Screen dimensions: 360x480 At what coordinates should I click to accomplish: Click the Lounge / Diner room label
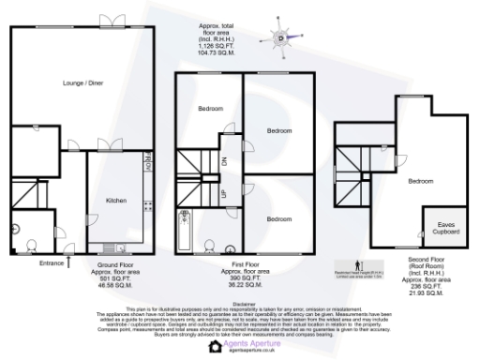[84, 83]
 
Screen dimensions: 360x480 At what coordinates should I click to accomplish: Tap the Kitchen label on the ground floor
[116, 200]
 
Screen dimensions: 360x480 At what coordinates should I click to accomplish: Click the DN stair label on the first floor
[223, 161]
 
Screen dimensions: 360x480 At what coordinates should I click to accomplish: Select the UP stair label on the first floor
[223, 193]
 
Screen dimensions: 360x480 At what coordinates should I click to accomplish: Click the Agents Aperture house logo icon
[216, 346]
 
